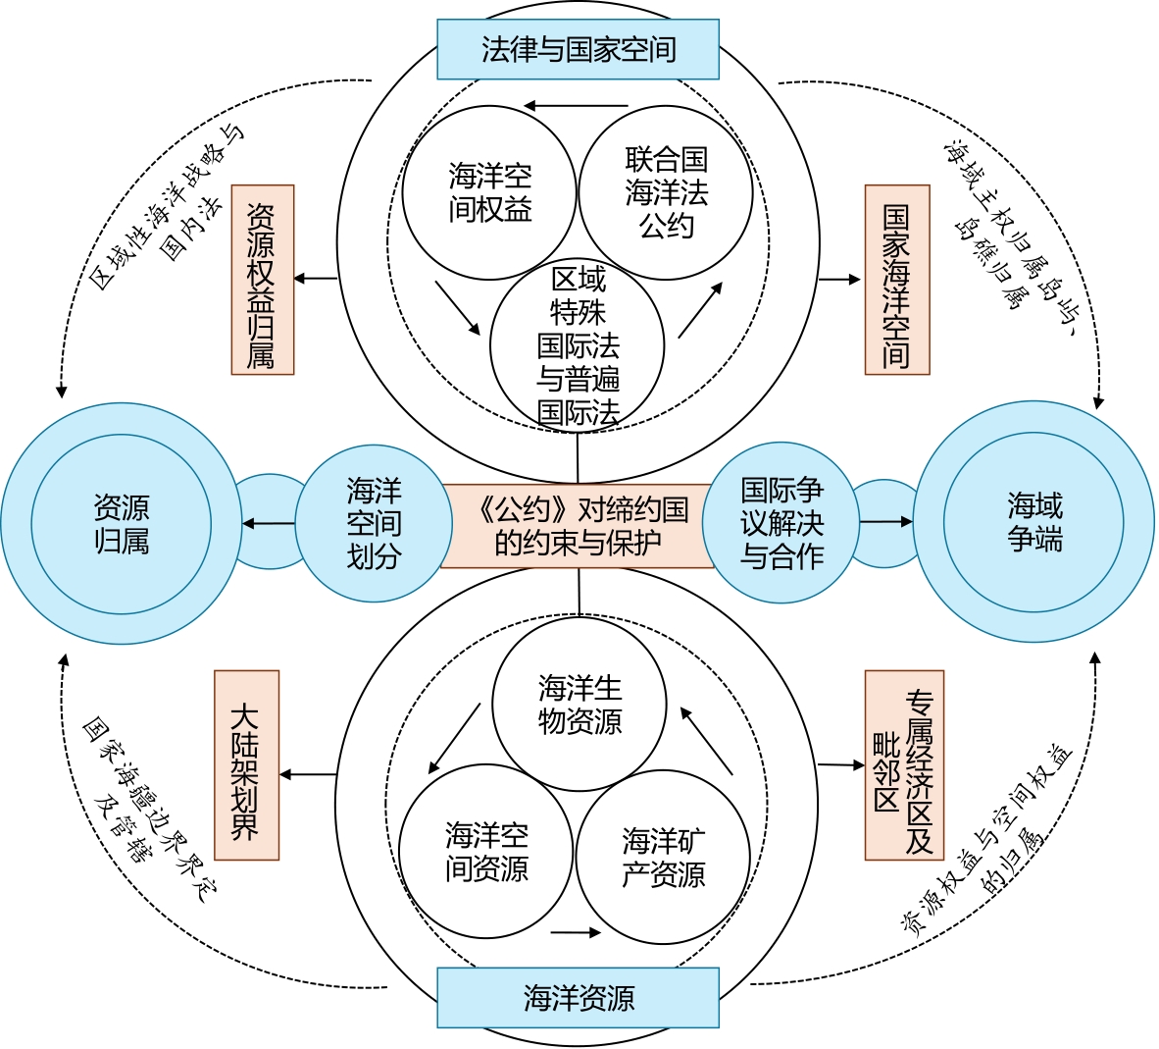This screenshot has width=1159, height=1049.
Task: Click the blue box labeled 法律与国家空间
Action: point(578,49)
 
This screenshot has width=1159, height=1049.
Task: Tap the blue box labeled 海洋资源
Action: point(578,998)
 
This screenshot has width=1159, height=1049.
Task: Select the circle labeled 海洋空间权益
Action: point(489,192)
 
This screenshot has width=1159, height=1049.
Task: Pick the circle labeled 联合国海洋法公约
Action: point(666,192)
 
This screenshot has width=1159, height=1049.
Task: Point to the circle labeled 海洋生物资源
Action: point(579,704)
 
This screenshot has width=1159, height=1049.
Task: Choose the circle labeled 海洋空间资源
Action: point(486,852)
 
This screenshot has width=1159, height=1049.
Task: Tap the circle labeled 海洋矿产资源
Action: point(663,857)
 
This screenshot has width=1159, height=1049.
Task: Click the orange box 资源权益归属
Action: point(262,280)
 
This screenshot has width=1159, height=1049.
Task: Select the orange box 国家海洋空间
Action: point(896,280)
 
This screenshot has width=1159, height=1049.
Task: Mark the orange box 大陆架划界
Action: point(246,765)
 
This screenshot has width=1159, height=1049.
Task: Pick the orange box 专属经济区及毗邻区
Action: point(903,765)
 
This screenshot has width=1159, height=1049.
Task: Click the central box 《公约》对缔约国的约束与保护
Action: point(578,525)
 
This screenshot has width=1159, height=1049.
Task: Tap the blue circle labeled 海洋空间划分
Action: point(374,524)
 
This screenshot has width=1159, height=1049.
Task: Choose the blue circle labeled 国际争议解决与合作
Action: point(781,522)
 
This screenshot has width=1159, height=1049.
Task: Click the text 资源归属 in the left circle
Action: point(122,524)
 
